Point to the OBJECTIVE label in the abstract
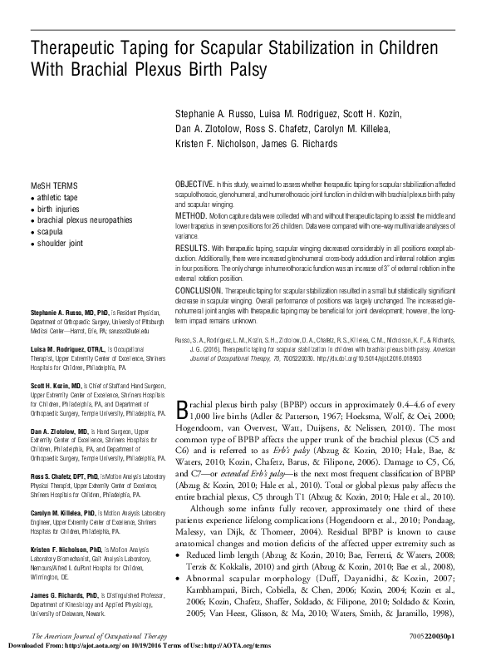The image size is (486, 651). coord(194,183)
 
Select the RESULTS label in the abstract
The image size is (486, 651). coord(190,248)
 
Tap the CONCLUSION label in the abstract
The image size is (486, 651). coord(198,291)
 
